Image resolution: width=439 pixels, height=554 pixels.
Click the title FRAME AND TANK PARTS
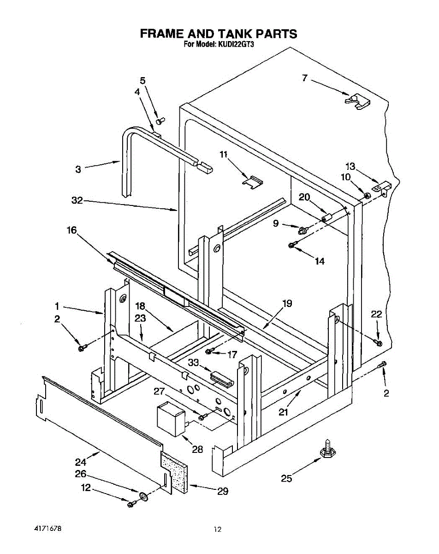pos(219,34)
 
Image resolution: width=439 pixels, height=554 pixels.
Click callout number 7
pos(305,78)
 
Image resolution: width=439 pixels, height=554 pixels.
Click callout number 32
pos(77,200)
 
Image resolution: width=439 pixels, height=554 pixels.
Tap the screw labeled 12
pos(131,504)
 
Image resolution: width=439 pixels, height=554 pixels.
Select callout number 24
pos(81,462)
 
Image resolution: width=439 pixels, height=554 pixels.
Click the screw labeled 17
pos(209,352)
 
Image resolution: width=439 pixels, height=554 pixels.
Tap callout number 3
pos(78,169)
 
